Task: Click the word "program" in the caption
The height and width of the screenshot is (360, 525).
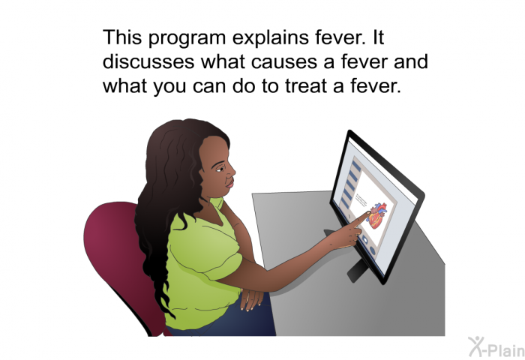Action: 187,38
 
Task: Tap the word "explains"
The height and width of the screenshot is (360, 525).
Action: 271,38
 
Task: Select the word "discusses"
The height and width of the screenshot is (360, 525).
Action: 148,61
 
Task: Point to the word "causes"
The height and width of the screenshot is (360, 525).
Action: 283,62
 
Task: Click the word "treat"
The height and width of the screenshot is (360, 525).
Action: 307,86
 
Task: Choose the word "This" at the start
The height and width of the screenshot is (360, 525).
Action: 122,37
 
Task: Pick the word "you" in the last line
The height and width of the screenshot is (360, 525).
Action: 169,88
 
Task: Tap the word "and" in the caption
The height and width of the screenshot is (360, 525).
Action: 411,61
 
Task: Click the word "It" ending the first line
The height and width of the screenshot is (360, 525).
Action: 377,37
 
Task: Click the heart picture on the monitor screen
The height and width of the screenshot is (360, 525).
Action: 377,216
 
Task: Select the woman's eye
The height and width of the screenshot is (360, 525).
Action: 219,169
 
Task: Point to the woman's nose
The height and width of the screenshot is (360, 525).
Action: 231,172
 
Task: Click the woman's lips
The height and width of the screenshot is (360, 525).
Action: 229,183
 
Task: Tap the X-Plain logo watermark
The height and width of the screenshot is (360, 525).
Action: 496,347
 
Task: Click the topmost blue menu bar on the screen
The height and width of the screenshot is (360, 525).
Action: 356,166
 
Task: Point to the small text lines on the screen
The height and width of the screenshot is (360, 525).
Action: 361,200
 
